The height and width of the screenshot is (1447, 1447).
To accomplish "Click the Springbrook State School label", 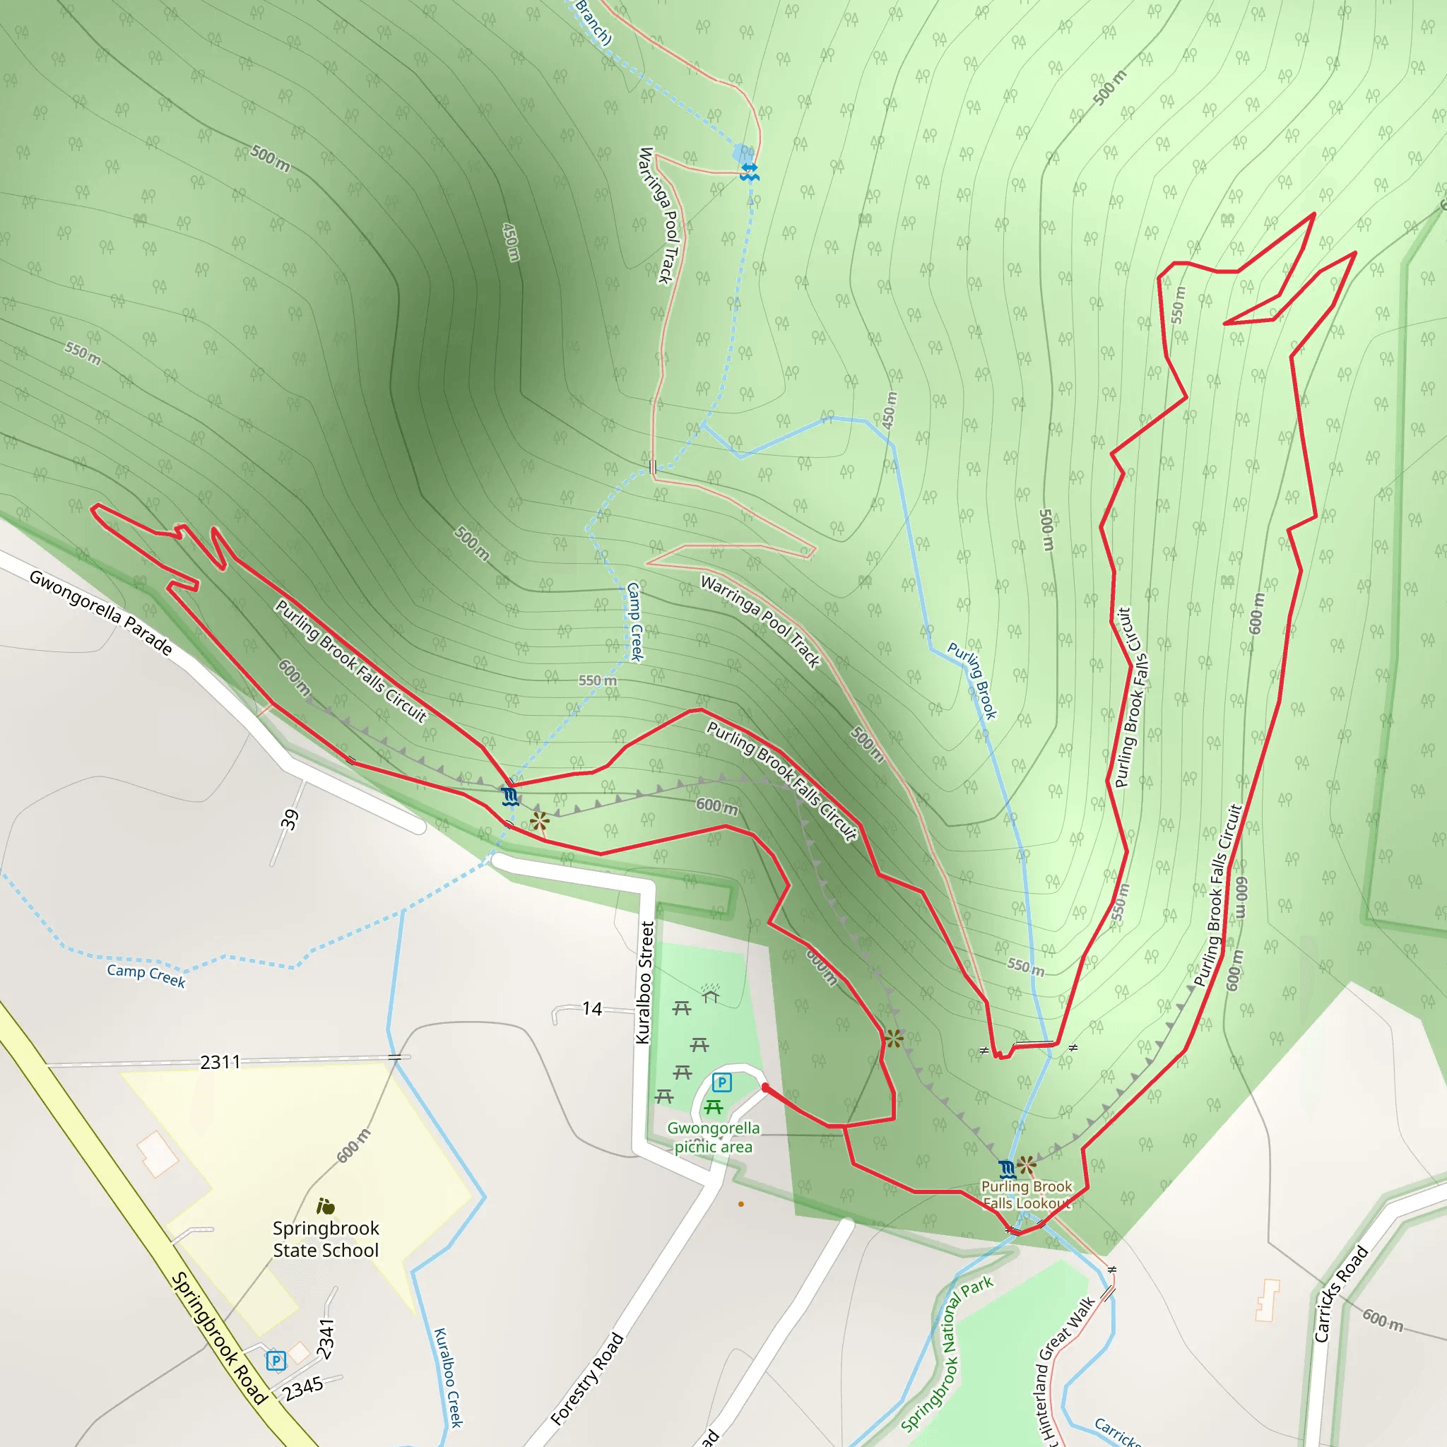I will (326, 1239).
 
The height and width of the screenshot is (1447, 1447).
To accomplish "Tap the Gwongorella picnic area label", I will (713, 1137).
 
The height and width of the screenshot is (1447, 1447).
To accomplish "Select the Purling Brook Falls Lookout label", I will (1027, 1195).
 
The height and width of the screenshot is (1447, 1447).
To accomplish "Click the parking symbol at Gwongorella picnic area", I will (721, 1082).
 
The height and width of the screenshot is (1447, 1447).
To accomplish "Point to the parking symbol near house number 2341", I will (276, 1360).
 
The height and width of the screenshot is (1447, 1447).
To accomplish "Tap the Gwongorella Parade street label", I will (101, 612).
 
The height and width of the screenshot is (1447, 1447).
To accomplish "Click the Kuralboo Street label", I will (644, 982).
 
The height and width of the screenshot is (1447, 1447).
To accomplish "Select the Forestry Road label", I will (587, 1378).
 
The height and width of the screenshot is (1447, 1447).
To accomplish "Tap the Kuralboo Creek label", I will (449, 1377).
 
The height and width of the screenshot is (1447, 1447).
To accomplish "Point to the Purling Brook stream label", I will (972, 680).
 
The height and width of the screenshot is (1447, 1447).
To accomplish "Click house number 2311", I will (220, 1062).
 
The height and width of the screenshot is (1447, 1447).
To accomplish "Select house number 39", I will (290, 820).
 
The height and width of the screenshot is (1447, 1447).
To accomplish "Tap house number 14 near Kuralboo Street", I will (592, 1009).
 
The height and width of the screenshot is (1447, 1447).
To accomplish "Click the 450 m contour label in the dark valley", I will (511, 242).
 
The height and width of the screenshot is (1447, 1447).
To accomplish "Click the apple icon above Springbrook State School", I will (325, 1206).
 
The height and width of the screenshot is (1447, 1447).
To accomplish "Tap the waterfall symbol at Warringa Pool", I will (750, 172).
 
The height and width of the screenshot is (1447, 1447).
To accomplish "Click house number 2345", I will (303, 1388).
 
